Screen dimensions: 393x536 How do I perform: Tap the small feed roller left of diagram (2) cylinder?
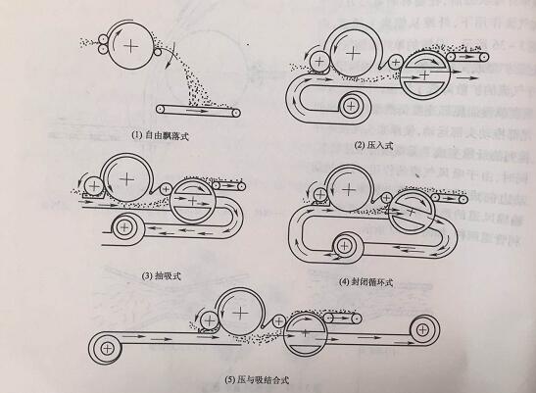(319, 65)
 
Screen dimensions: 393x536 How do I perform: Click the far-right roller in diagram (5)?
(422, 331)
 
